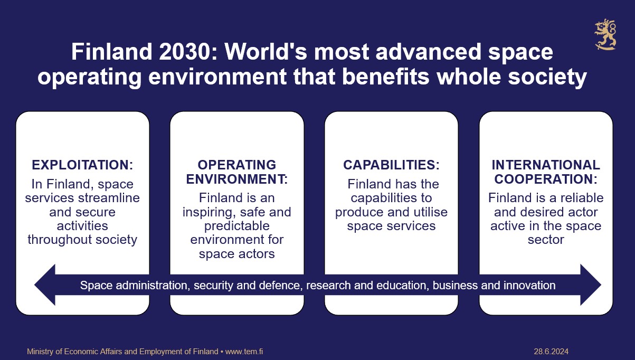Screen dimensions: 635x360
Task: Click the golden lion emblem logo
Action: pos(605,35)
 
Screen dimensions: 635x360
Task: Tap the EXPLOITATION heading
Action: pos(82,165)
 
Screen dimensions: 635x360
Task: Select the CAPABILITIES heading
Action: pos(391,165)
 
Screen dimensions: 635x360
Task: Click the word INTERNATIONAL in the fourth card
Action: pos(546,165)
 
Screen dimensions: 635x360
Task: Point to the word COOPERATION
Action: pos(546,179)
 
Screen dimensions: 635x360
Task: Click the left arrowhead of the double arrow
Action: pos(45,285)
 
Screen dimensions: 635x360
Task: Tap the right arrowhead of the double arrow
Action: pos(591,285)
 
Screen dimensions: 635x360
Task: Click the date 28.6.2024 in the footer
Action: pos(551,352)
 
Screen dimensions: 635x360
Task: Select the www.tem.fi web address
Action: pos(244,352)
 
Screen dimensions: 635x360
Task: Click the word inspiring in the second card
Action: pos(207,212)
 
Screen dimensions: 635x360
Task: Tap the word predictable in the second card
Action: pos(236,226)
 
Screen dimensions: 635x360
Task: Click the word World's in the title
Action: pos(266,52)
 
